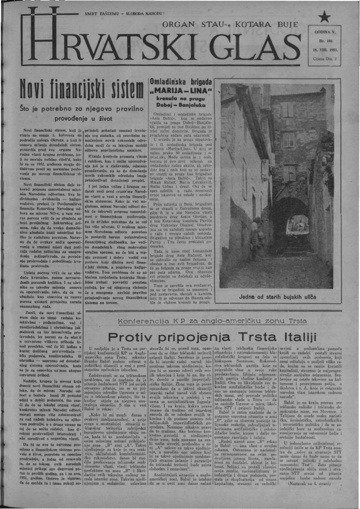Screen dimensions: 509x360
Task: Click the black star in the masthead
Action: pyautogui.click(x=325, y=17)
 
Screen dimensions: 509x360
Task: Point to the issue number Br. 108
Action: pyautogui.click(x=325, y=41)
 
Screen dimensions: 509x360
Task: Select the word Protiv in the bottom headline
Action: pyautogui.click(x=130, y=338)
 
